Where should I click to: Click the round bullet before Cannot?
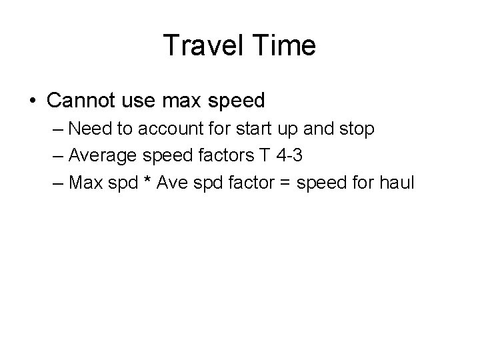click(x=33, y=101)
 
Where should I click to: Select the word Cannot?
click(x=79, y=101)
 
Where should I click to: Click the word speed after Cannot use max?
click(x=236, y=101)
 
